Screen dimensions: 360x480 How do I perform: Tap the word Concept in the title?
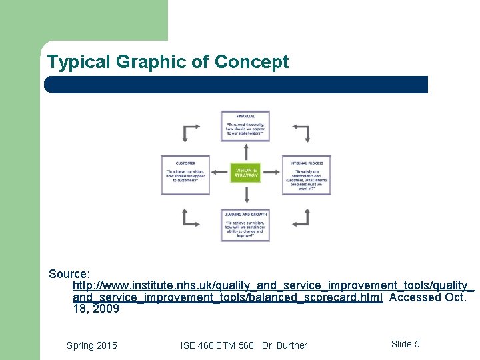pyautogui.click(x=251, y=63)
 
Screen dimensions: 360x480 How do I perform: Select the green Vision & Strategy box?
pyautogui.click(x=245, y=173)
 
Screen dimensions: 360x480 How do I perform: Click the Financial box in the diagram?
pyautogui.click(x=245, y=126)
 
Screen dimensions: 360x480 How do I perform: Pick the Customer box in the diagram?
pyautogui.click(x=185, y=175)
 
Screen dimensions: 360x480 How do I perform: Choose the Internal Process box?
pyautogui.click(x=306, y=175)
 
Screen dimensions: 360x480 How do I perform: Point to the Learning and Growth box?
pyautogui.click(x=245, y=225)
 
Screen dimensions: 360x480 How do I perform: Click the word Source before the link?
pyautogui.click(x=69, y=274)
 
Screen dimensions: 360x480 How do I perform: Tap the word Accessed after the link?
pyautogui.click(x=415, y=297)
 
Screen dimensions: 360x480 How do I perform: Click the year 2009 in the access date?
pyautogui.click(x=106, y=309)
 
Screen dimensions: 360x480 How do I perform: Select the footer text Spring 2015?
pyautogui.click(x=92, y=345)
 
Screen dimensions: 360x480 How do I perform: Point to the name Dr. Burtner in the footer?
pyautogui.click(x=285, y=345)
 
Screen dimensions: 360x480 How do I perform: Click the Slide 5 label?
pyautogui.click(x=405, y=344)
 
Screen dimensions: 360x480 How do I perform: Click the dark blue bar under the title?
pyautogui.click(x=236, y=85)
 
